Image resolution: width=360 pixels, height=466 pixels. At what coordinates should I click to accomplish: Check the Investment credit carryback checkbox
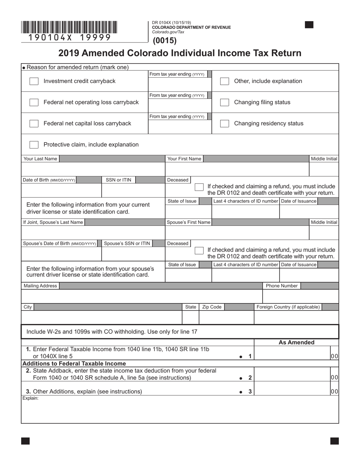(x=34, y=81)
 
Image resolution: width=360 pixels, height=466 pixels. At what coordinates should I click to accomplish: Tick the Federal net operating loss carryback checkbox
(x=34, y=102)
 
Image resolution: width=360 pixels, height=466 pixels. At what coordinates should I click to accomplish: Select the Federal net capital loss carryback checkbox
(x=34, y=124)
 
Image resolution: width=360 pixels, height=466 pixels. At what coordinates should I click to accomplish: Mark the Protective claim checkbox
(x=34, y=145)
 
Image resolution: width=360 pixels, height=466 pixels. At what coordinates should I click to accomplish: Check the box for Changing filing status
(x=224, y=102)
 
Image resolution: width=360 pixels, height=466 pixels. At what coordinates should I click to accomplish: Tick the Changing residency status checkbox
(x=224, y=124)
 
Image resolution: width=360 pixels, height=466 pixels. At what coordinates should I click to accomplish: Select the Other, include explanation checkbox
(x=224, y=81)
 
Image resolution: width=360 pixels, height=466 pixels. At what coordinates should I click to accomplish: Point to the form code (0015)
(x=165, y=41)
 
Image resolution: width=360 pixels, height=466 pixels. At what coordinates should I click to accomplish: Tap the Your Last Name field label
(x=41, y=159)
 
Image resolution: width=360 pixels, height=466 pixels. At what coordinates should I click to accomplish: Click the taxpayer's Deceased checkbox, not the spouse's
(x=199, y=187)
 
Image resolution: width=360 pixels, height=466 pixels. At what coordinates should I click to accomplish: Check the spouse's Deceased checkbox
(x=199, y=251)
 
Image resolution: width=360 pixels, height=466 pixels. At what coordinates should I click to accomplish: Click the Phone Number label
(x=282, y=286)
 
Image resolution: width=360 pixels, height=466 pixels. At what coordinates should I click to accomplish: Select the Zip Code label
(x=212, y=307)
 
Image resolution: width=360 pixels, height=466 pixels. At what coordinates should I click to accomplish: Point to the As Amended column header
(x=296, y=342)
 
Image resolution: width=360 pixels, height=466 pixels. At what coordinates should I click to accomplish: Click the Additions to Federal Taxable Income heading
(x=74, y=363)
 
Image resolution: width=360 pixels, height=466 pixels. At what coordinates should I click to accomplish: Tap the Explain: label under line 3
(x=30, y=398)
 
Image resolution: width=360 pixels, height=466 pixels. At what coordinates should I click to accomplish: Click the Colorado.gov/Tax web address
(x=168, y=32)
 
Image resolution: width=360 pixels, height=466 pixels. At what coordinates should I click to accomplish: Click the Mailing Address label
(x=40, y=286)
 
